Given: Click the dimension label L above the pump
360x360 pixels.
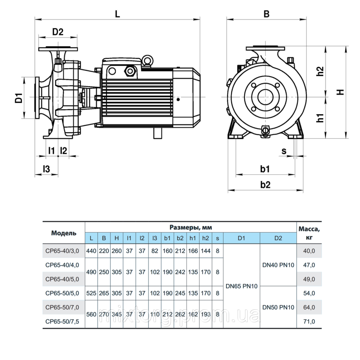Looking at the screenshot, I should (x=117, y=14).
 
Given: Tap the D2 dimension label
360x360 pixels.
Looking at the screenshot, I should (x=58, y=32).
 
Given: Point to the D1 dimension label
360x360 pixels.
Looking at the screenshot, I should (x=19, y=98).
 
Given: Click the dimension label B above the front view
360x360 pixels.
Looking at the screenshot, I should (x=266, y=14).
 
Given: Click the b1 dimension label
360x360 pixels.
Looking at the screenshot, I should (x=265, y=169).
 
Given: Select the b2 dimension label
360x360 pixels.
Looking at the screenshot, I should (x=265, y=185).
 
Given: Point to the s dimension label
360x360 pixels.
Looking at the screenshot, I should (x=284, y=151).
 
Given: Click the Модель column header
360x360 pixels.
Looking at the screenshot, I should (x=64, y=233).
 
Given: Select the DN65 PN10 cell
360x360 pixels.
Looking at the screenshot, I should (x=242, y=286).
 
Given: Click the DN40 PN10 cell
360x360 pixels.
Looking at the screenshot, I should (x=278, y=265).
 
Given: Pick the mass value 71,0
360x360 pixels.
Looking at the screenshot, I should (x=309, y=321).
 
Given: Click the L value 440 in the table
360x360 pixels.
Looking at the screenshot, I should (x=91, y=251).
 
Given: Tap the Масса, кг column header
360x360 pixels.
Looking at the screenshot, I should (x=309, y=233).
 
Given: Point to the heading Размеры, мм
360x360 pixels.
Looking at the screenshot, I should (x=190, y=228).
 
